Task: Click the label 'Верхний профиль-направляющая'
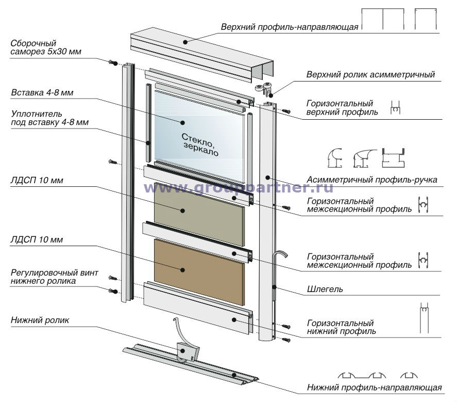pos(289,27)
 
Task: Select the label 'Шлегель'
pos(325,290)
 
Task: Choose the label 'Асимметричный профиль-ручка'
pos(371,180)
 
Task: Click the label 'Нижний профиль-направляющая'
pos(374,387)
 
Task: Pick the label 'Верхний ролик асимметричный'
pos(370,74)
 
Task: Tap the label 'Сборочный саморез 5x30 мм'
pos(45,47)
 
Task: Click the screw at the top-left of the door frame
pos(113,63)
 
